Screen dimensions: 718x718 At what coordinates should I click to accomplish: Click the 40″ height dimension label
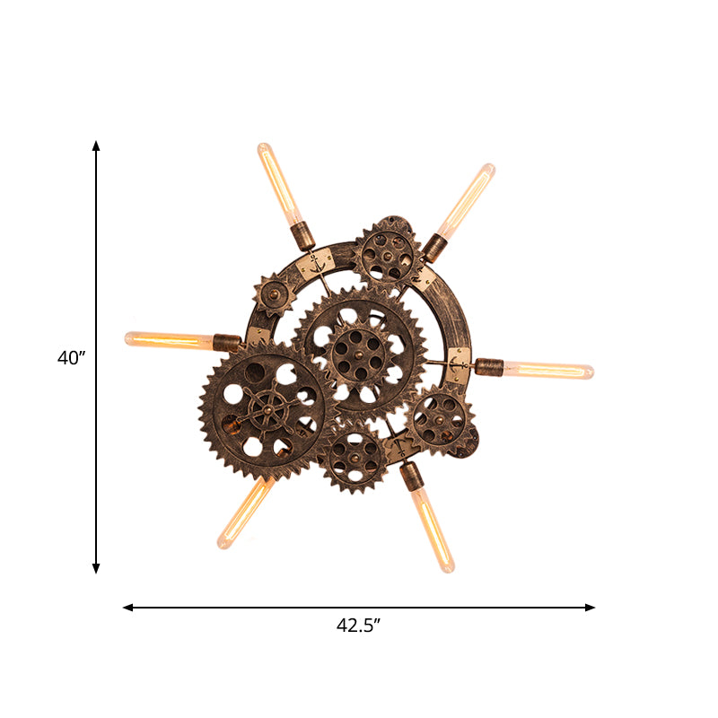click(x=72, y=357)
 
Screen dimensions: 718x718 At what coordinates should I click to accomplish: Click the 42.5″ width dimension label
click(x=358, y=625)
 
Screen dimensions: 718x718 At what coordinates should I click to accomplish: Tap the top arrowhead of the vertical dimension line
click(x=96, y=145)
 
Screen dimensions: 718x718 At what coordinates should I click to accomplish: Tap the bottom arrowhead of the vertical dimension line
click(x=96, y=568)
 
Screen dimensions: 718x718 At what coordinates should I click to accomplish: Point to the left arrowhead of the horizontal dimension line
click(x=128, y=608)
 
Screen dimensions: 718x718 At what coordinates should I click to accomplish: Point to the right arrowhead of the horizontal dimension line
click(x=590, y=608)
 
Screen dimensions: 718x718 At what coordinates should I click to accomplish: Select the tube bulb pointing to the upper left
click(x=280, y=184)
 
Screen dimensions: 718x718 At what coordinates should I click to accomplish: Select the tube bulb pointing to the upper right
click(x=466, y=200)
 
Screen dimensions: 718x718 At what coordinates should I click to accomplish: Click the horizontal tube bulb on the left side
click(x=169, y=339)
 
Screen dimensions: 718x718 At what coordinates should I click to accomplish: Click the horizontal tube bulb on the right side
click(x=548, y=370)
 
